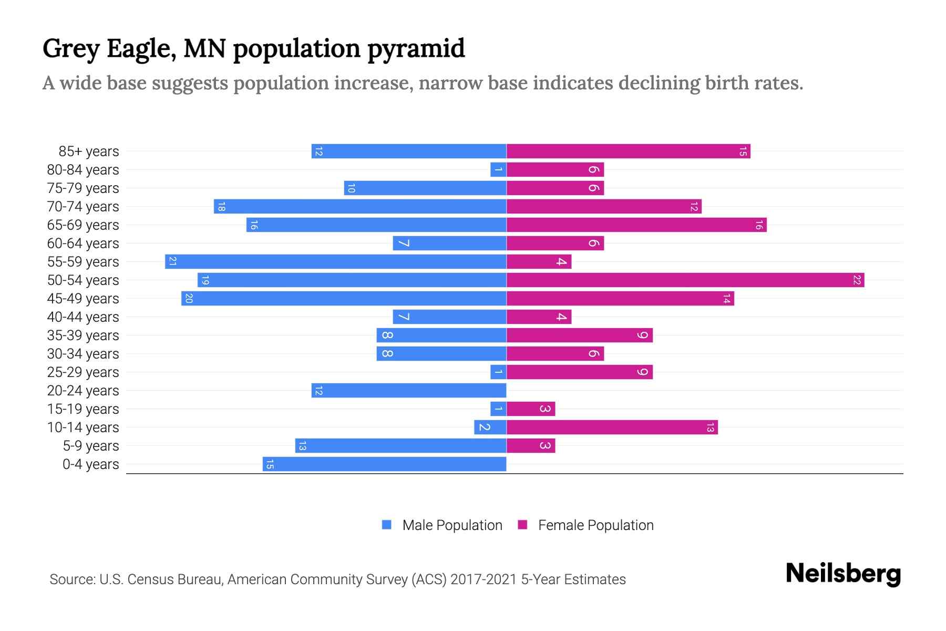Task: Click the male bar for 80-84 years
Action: click(498, 169)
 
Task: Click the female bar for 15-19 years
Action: click(531, 409)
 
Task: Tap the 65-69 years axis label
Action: click(83, 225)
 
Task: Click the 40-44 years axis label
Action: click(83, 317)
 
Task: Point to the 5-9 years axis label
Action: click(91, 446)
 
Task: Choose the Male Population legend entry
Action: click(452, 525)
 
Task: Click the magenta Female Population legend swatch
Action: click(522, 525)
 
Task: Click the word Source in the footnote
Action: click(71, 579)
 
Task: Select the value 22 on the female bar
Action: click(857, 280)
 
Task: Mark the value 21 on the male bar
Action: click(172, 261)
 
